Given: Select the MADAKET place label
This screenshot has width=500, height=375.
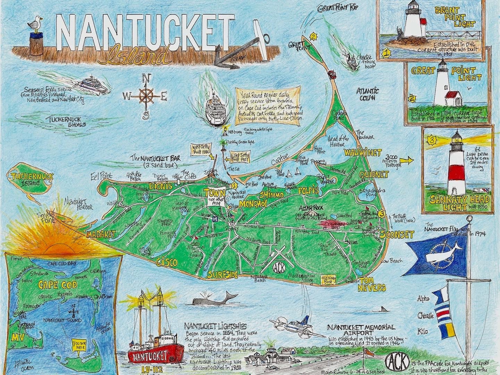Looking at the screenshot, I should (x=101, y=235).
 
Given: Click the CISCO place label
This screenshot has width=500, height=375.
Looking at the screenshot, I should (x=167, y=261).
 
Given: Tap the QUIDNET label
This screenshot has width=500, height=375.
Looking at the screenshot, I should (x=374, y=175).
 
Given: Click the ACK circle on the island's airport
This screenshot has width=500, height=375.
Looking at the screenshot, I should (x=279, y=267).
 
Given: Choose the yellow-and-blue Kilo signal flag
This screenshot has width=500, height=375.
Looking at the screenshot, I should (x=448, y=330).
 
